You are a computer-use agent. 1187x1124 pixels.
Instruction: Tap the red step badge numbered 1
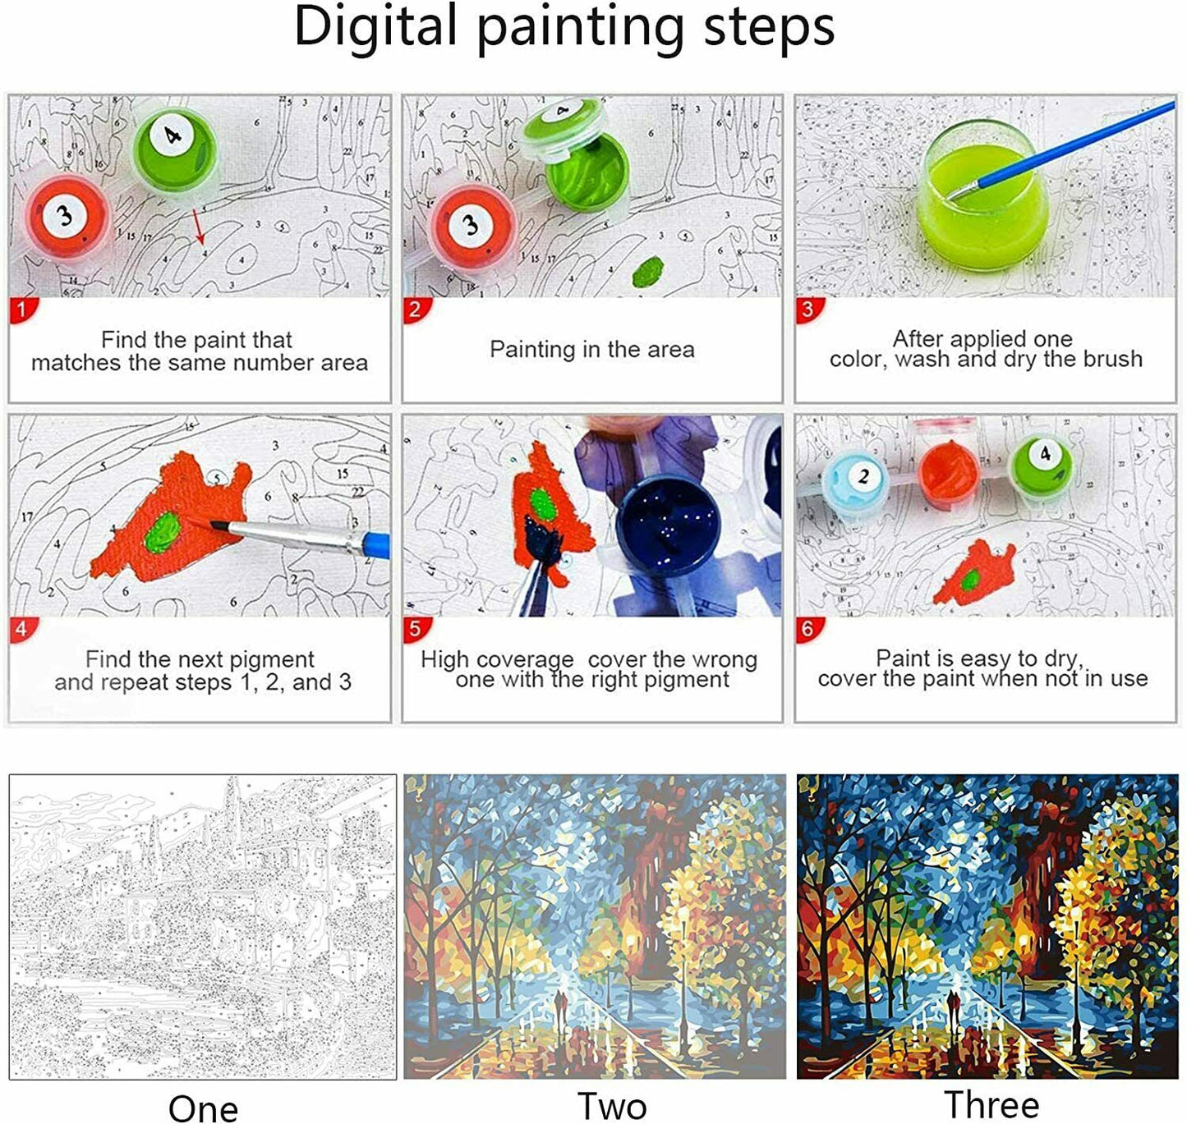point(23,310)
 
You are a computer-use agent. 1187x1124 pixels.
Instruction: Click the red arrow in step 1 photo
point(198,227)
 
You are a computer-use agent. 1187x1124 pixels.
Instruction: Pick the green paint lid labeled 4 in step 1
point(174,145)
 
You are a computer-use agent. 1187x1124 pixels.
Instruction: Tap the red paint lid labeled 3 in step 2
point(473,227)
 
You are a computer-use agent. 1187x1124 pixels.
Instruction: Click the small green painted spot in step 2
point(648,271)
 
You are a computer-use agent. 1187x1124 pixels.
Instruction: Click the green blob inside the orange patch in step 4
point(162,532)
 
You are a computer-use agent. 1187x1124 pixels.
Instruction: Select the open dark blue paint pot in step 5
point(669,525)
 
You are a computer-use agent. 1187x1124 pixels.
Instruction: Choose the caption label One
point(203,1109)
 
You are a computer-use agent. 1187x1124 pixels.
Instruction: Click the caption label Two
point(612,1107)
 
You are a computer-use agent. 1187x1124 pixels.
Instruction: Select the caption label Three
point(991,1105)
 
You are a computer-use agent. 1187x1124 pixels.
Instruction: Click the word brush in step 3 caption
point(1113,359)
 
